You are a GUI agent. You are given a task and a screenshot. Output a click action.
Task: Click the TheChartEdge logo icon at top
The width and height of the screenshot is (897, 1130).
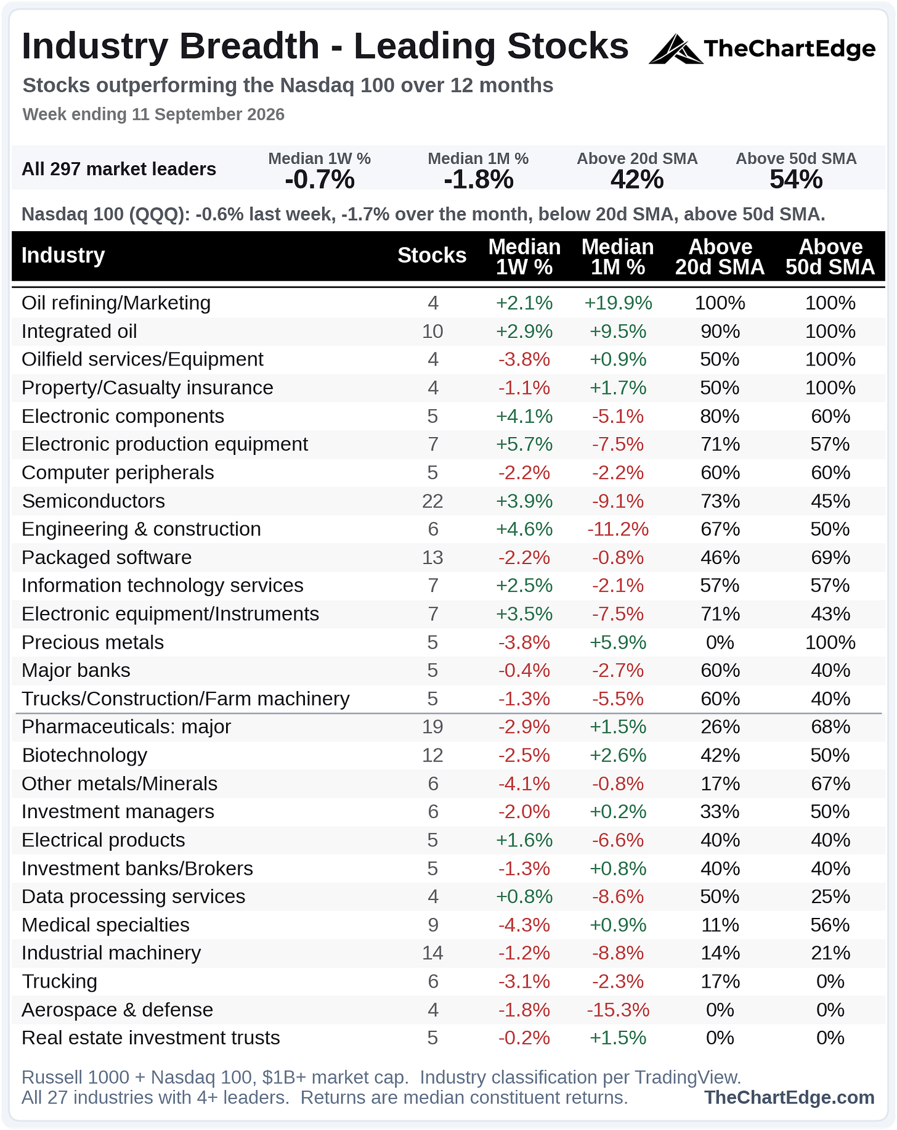(675, 49)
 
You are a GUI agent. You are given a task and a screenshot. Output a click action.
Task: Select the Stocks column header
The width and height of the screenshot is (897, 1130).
(432, 255)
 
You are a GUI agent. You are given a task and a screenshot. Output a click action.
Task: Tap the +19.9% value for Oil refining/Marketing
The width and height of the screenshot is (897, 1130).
(618, 303)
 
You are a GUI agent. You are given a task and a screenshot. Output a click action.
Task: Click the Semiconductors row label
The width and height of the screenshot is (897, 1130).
(94, 501)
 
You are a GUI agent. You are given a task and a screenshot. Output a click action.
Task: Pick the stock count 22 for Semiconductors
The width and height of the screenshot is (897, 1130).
(432, 501)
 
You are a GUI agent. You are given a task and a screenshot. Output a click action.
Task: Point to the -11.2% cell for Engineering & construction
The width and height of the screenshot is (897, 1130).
(618, 529)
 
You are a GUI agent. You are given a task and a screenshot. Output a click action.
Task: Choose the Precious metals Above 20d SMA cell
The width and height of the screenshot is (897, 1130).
(720, 642)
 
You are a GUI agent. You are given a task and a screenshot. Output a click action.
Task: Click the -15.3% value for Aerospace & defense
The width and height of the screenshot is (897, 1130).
(618, 1010)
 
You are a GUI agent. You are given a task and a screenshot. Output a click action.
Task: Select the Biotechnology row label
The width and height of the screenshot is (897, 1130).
(85, 755)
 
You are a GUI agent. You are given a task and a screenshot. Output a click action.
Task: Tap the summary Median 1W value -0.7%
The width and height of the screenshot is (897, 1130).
(320, 179)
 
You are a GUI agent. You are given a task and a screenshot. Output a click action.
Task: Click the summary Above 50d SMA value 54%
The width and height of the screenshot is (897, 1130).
(796, 179)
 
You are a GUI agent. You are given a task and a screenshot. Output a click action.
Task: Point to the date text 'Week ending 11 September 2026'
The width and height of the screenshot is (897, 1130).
(153, 115)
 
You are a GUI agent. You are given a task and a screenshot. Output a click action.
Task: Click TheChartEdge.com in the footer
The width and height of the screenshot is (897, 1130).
(789, 1097)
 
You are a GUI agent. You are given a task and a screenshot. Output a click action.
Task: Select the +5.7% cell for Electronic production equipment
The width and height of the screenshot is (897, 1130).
(524, 444)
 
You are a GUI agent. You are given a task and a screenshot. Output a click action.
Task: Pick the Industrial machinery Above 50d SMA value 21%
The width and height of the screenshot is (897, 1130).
(830, 953)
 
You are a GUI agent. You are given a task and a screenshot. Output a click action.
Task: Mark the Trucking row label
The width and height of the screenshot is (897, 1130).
(60, 981)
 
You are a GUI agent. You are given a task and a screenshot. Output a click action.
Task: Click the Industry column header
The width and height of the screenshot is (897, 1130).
(63, 255)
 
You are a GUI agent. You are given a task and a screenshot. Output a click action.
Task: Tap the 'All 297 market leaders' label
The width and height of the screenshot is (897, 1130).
(119, 169)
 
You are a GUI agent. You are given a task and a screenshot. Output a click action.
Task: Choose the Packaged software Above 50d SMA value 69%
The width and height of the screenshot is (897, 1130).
(830, 557)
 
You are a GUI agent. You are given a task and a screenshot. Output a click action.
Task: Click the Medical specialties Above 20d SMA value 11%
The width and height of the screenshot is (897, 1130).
(720, 925)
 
